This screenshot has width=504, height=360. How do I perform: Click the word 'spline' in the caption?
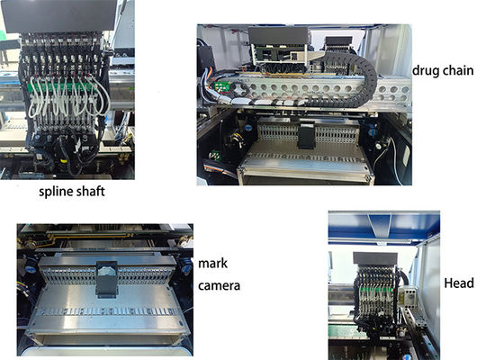pyautogui.click(x=55, y=191)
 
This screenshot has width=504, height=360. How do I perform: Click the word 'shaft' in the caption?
pyautogui.click(x=93, y=191)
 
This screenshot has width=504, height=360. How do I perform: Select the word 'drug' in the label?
pyautogui.click(x=427, y=70)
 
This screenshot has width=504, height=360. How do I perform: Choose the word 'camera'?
pyautogui.click(x=220, y=287)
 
